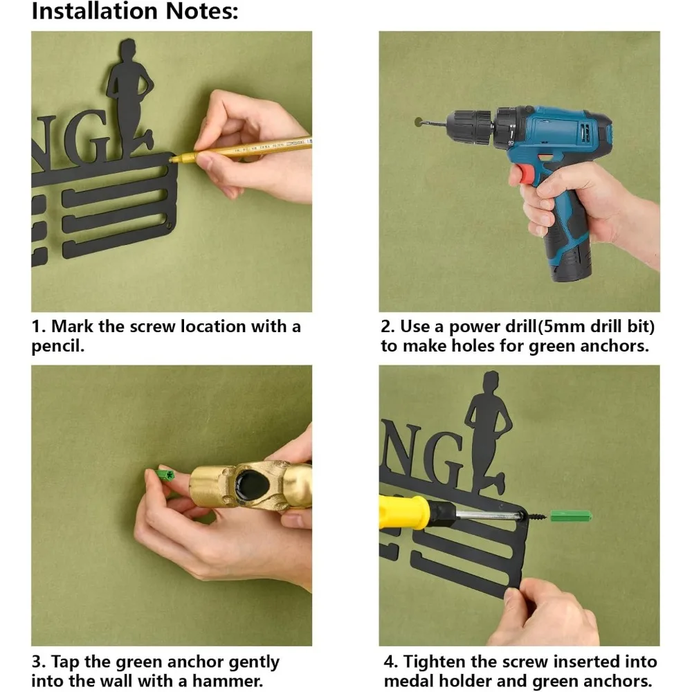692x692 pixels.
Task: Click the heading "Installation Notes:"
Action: tap(135, 11)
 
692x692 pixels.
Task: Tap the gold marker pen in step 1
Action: tap(241, 149)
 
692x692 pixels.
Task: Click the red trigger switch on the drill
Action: tap(526, 172)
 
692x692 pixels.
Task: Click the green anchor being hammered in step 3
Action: tap(165, 475)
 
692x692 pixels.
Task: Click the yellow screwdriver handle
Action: tap(404, 511)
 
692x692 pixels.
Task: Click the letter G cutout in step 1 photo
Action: tap(89, 138)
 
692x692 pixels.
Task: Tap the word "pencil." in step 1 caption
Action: tap(58, 347)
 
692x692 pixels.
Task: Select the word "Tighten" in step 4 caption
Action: tap(434, 662)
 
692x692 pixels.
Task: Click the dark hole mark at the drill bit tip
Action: tap(419, 122)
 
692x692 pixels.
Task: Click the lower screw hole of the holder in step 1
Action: tap(168, 226)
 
